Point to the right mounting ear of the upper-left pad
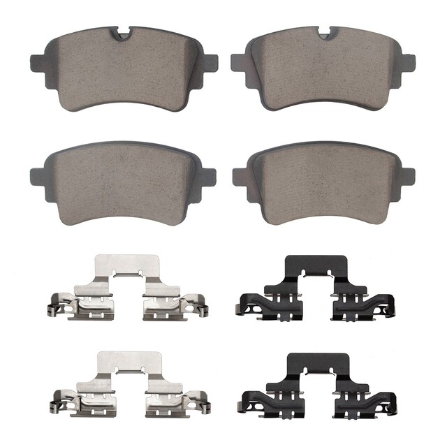point(210,62)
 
